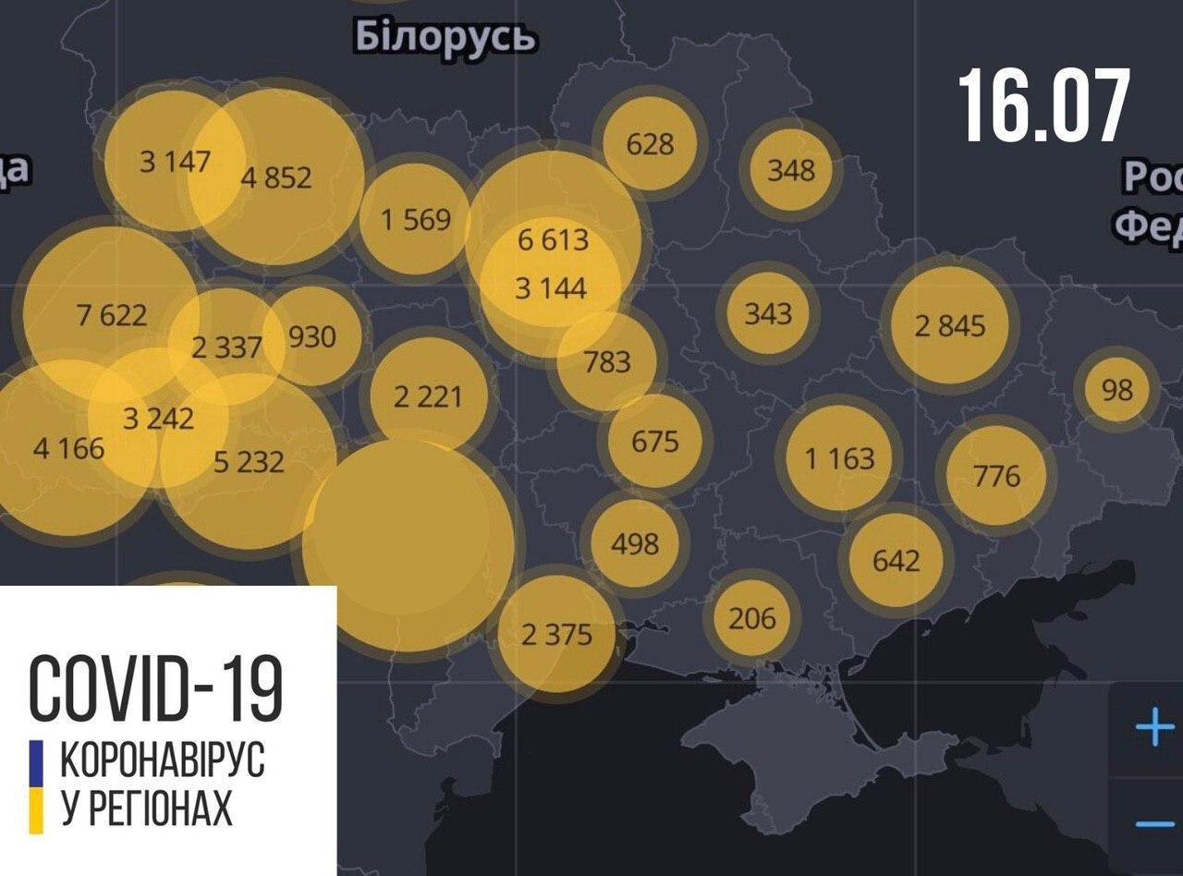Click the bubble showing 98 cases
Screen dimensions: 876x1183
point(1117,390)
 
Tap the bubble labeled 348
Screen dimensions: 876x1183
point(791,170)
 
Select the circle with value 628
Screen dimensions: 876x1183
point(651,144)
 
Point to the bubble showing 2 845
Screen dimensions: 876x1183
point(950,326)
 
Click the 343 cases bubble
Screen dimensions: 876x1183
point(768,313)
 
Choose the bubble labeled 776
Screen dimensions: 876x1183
point(996,476)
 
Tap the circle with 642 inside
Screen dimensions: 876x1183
point(896,560)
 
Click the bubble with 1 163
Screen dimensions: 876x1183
point(839,457)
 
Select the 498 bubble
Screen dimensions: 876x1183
point(636,542)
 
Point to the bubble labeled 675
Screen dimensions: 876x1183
point(654,441)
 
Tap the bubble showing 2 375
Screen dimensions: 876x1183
point(556,635)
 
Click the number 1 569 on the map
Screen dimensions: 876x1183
point(416,219)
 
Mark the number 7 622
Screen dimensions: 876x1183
point(111,315)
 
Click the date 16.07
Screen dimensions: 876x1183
point(1043,105)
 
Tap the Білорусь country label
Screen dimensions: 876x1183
point(445,39)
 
